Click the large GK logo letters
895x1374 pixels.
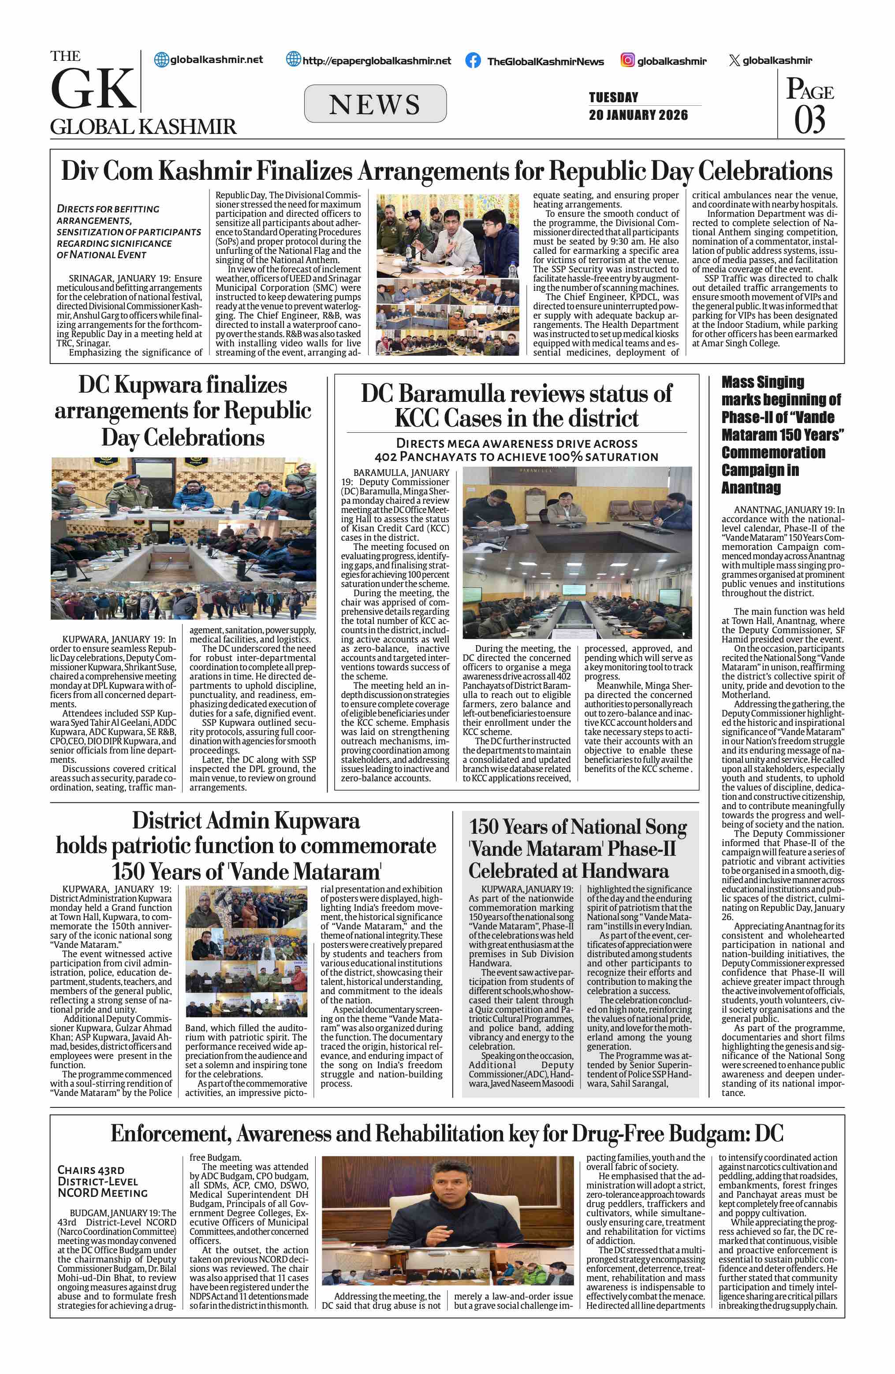pos(93,89)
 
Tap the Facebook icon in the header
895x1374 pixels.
pos(473,61)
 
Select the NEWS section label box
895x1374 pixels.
pos(375,104)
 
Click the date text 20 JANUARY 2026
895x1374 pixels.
pos(638,115)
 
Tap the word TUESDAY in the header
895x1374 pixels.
pos(613,97)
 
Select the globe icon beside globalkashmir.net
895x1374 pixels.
pos(162,59)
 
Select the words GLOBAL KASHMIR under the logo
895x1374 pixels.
pos(143,127)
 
